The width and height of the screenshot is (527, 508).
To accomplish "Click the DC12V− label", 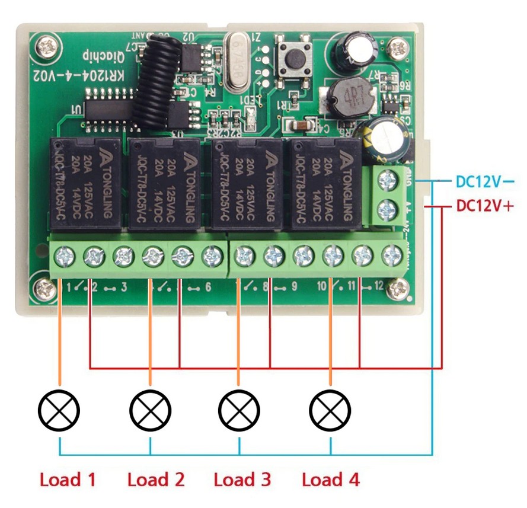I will [x=483, y=181].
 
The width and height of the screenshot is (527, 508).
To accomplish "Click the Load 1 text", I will [x=68, y=479].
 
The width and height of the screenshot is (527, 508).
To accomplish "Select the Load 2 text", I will [x=156, y=479].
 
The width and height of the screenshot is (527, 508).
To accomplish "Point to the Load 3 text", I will [x=242, y=479].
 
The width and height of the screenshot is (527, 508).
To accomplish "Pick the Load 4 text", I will [x=331, y=479].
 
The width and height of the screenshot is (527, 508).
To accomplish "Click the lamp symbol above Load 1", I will [x=59, y=409].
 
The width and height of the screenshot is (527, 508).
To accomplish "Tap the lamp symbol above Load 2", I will [x=150, y=409].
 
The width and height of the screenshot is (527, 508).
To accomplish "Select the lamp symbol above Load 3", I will [x=239, y=409].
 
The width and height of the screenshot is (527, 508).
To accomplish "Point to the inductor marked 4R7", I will [x=347, y=97].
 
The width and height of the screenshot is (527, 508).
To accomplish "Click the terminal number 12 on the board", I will [x=380, y=288].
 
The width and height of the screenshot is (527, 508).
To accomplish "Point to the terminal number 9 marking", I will [x=293, y=288].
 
